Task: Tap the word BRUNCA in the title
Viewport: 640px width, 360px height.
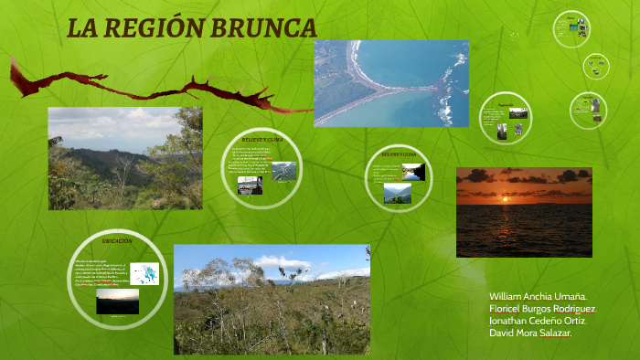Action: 264,28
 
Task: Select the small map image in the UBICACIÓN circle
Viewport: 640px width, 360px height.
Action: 144,273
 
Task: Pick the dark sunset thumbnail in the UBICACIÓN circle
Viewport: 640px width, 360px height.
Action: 117,302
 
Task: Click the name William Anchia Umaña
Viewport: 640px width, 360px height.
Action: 538,297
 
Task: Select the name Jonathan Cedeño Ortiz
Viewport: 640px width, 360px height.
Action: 537,321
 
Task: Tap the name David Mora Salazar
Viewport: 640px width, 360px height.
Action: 531,333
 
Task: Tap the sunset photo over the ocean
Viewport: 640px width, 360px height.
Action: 524,212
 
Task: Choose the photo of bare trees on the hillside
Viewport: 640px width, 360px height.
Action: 272,299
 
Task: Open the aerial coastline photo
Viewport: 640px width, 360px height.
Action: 391,83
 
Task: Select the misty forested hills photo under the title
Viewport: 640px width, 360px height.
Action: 125,158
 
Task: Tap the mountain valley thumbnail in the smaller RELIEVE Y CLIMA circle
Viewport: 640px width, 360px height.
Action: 397,193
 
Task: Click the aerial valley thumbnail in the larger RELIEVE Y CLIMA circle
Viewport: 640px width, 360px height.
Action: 284,171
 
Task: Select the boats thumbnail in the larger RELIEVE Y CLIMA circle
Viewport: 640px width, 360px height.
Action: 250,185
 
